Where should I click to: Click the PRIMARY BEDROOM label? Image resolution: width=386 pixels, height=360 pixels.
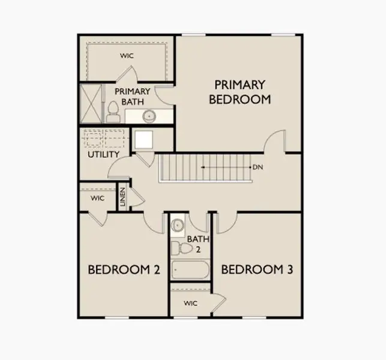tap(240, 92)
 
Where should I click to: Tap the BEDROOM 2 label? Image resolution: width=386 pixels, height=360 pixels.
tap(124, 270)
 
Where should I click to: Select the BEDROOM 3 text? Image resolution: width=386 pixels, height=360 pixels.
tap(257, 270)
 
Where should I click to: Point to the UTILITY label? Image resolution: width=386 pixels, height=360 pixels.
tap(103, 155)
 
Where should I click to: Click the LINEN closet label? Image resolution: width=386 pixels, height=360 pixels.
tap(122, 196)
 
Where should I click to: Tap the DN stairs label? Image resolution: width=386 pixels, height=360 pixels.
tap(259, 167)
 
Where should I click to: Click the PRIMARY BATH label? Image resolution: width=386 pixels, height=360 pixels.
tap(132, 97)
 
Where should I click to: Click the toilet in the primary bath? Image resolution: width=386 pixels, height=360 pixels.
tap(113, 112)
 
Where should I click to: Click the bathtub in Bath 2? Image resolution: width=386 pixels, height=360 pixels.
tap(190, 269)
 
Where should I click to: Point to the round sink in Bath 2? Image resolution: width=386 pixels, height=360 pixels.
tap(177, 226)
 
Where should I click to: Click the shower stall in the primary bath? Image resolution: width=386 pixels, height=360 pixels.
tap(92, 104)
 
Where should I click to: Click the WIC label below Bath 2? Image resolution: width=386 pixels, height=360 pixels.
tap(191, 303)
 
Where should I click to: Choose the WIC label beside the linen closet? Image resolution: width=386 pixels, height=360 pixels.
tap(98, 198)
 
